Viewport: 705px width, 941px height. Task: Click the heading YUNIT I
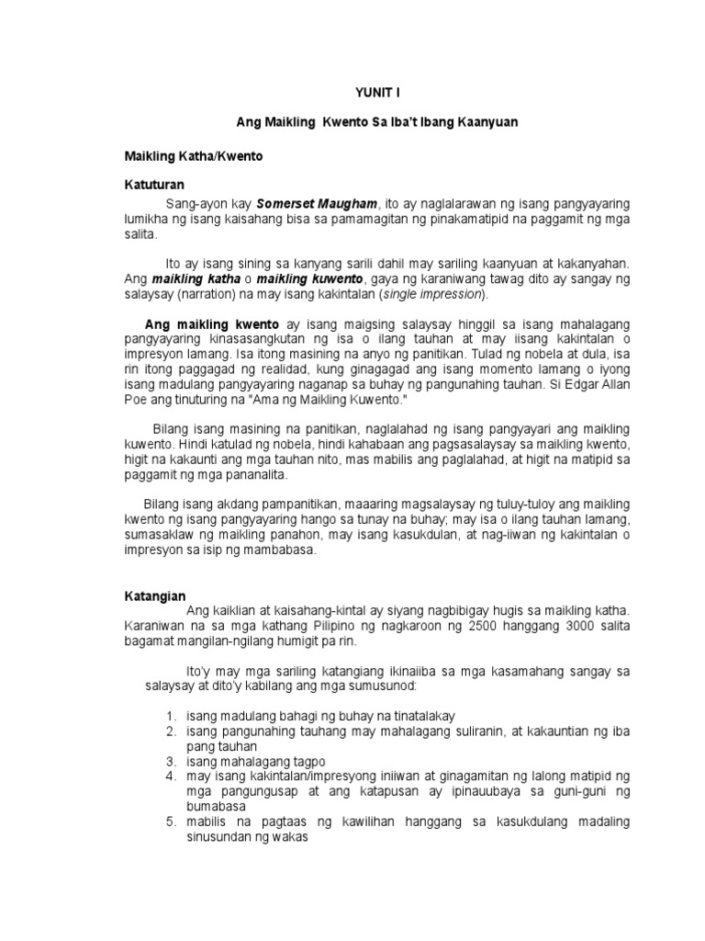(377, 93)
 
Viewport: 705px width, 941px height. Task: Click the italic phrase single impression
(431, 294)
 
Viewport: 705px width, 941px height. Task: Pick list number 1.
(171, 715)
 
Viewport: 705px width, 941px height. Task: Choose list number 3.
(171, 762)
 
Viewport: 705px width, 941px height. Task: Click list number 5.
(171, 822)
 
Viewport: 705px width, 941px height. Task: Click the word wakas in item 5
(292, 837)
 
